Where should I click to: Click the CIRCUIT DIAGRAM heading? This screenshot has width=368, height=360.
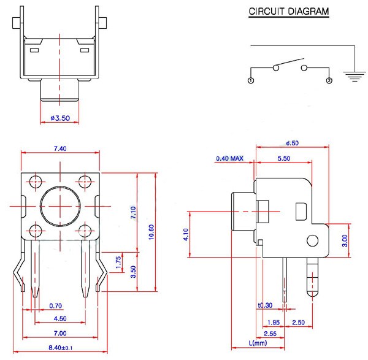288,12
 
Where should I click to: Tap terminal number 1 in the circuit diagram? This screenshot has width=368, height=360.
250,80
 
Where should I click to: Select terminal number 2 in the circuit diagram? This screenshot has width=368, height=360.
329,80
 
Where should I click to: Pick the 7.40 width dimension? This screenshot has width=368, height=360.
59,148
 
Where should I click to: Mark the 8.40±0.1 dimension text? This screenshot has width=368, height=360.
59,349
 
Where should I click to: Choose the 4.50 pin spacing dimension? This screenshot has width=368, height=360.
59,318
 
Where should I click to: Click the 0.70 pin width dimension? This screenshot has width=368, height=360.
56,305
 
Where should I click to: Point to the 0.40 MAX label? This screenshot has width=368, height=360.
229,159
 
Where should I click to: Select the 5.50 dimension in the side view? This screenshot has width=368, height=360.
284,158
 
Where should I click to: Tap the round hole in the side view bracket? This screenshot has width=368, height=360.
314,242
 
